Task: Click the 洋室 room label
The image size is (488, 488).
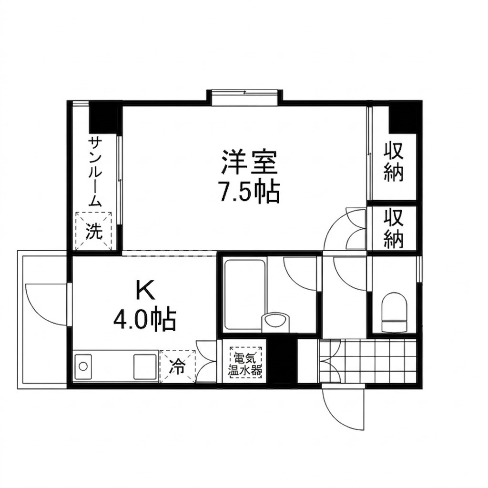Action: tap(249, 162)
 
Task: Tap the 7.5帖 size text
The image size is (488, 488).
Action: tap(249, 192)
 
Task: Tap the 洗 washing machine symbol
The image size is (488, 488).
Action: tap(94, 231)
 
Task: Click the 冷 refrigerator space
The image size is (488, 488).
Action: tap(177, 366)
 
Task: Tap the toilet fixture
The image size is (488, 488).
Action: tap(394, 313)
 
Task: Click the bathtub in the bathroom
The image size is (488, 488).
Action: tap(244, 294)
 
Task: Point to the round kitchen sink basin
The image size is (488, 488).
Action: tap(83, 366)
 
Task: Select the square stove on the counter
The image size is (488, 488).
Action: tap(145, 366)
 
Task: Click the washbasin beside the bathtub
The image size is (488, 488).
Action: tap(275, 321)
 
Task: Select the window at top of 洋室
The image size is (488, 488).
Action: tap(244, 97)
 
